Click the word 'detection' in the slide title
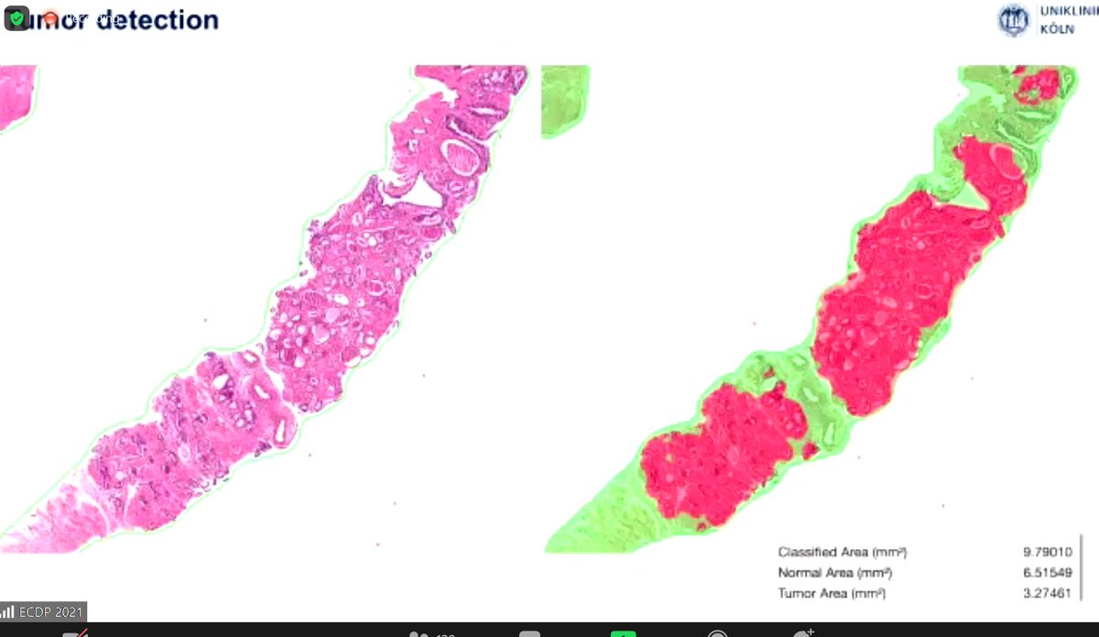(158, 19)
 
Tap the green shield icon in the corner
(17, 17)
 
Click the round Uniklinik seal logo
(1013, 20)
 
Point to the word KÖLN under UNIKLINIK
(1057, 29)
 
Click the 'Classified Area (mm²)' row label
(843, 552)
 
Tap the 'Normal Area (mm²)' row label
(835, 573)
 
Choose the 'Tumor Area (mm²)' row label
(832, 594)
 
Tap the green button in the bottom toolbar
(624, 632)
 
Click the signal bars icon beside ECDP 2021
(8, 611)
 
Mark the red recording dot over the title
(50, 17)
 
